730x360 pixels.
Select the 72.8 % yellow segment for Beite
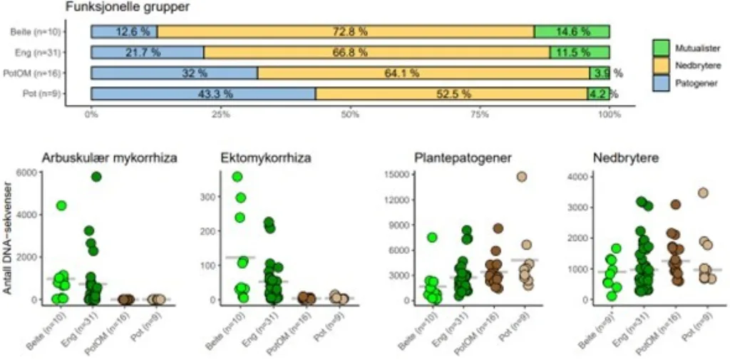346,31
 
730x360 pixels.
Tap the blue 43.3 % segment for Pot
203,94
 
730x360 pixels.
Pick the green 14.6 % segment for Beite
572,31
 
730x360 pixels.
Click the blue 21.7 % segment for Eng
148,52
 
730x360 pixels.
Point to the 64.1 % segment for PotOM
423,73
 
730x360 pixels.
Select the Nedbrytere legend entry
691,65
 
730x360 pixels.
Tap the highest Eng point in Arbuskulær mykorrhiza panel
96,177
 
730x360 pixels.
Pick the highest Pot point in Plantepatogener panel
523,177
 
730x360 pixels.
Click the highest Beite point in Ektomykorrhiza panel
237,177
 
